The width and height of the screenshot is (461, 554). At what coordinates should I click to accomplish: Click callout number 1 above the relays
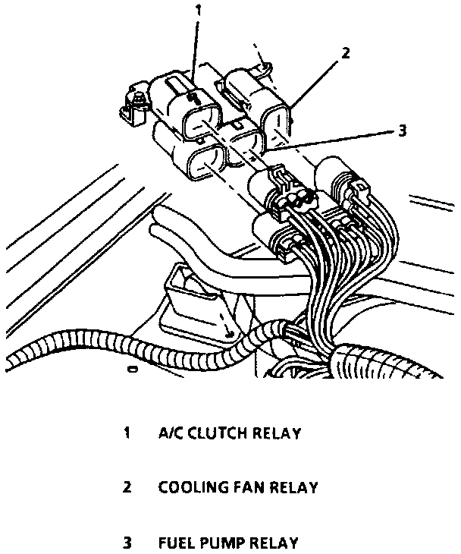[199, 11]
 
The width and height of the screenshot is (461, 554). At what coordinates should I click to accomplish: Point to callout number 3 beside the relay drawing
[402, 130]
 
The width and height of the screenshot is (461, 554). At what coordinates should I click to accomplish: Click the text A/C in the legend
[171, 433]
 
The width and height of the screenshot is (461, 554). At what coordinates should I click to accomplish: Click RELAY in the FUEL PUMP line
[274, 543]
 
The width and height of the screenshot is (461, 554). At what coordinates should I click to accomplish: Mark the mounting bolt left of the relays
[138, 99]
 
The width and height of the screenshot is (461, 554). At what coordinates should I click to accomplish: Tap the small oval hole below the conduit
[133, 370]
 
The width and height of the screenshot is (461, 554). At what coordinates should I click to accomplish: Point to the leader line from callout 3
[334, 140]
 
